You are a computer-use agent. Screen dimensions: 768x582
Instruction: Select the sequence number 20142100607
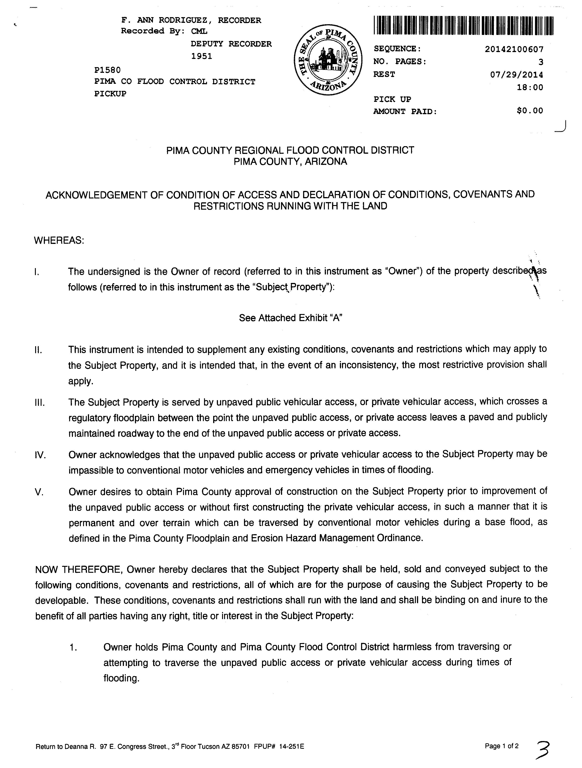514,49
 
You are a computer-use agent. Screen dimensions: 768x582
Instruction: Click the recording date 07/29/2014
517,75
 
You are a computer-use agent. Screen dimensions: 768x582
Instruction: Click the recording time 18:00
530,87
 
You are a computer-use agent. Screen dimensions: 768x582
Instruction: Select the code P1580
107,70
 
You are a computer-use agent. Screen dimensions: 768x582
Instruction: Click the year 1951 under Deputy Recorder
202,56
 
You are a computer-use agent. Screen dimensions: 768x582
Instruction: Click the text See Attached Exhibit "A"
291,318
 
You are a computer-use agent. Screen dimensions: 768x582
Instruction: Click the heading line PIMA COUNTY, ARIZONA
291,162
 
